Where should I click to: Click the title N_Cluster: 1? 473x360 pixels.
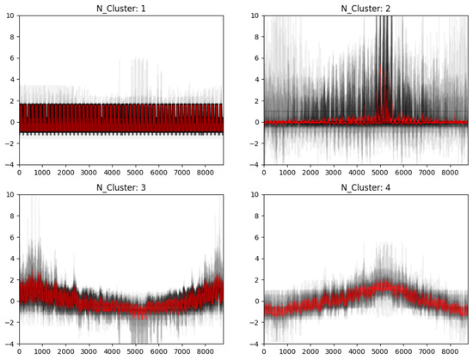tap(120, 8)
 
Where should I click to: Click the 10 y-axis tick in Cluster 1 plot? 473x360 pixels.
tap(9, 15)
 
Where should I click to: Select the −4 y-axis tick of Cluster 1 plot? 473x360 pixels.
tap(9, 164)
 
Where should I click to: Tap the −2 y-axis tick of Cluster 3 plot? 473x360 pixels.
tap(9, 322)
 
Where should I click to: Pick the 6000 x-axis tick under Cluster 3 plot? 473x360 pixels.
tap(158, 351)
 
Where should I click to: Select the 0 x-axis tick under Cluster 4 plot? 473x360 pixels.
tap(264, 351)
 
